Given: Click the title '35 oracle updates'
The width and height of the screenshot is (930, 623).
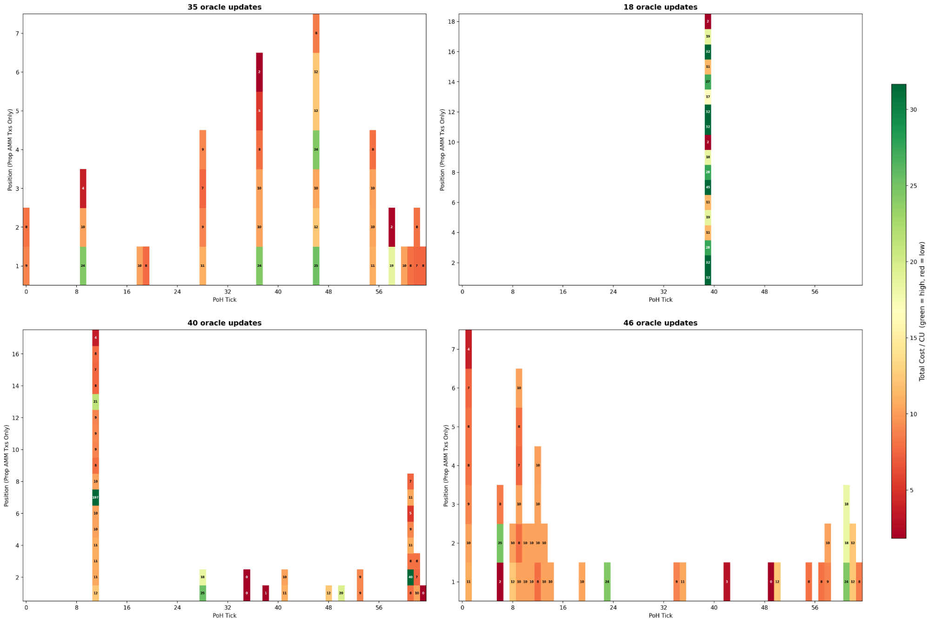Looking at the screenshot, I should coord(224,7).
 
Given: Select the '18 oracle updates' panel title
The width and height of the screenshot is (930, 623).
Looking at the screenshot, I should coord(660,7).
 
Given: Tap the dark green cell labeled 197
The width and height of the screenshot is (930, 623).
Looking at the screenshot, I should coord(95,497).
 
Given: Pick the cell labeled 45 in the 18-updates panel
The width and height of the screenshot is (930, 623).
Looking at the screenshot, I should coord(708,187).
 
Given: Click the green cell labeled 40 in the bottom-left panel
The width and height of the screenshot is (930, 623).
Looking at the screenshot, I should coord(410,577).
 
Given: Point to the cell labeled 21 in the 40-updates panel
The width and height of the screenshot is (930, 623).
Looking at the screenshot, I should coord(95,401).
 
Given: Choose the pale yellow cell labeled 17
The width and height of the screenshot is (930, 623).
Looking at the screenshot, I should coord(708,97).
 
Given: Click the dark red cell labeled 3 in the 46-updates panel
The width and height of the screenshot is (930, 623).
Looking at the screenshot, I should coord(727,582).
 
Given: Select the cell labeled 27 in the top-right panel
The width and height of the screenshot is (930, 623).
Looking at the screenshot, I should coord(708,81).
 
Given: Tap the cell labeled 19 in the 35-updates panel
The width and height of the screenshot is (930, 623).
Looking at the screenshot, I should coord(392,265).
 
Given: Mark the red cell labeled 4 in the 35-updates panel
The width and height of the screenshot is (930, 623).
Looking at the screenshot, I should coord(83,188).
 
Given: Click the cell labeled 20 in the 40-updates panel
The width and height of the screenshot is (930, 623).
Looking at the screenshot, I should coord(341,593).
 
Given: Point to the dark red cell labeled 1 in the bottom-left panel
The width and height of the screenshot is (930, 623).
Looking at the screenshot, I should coord(266,593).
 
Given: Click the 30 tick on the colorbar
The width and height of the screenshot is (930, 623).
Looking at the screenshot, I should coord(913,110).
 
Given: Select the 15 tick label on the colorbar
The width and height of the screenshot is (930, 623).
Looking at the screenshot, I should coord(913,338).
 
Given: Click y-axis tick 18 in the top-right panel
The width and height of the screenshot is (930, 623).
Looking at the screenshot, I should coord(451,21).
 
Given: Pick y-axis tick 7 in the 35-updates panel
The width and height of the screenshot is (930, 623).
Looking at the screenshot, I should coord(17,34).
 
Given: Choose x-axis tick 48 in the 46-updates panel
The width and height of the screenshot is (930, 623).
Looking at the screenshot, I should coord(764,607).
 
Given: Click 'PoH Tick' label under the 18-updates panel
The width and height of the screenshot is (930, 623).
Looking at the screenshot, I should coord(660,299).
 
